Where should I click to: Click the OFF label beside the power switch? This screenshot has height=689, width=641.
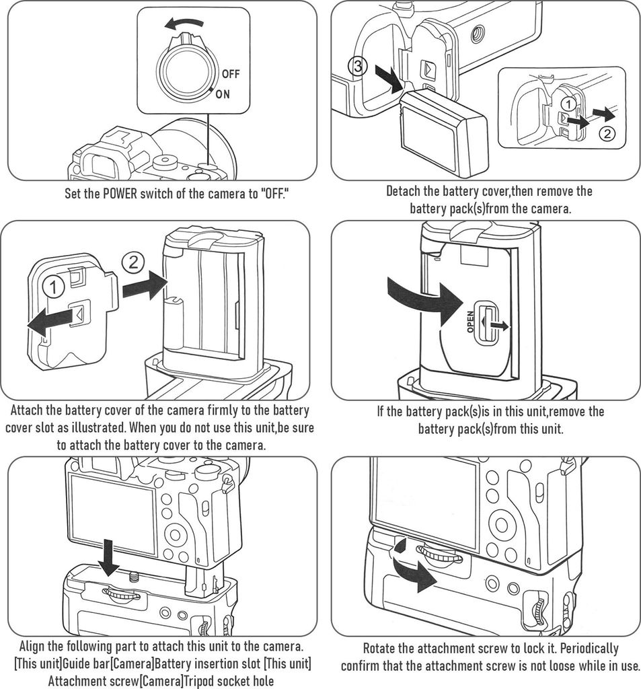(230, 74)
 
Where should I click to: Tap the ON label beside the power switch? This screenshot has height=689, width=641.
(223, 94)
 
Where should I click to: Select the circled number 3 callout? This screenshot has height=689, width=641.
(359, 66)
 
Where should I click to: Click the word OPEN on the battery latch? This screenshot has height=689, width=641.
(471, 322)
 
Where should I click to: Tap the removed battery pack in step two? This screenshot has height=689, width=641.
(444, 133)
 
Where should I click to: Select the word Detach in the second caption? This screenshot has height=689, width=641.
(404, 191)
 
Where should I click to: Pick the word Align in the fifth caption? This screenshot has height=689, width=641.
(35, 646)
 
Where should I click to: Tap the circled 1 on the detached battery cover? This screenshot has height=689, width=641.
(54, 287)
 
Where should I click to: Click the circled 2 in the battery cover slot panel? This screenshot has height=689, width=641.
(133, 262)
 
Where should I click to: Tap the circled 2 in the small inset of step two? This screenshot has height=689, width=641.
(606, 133)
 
